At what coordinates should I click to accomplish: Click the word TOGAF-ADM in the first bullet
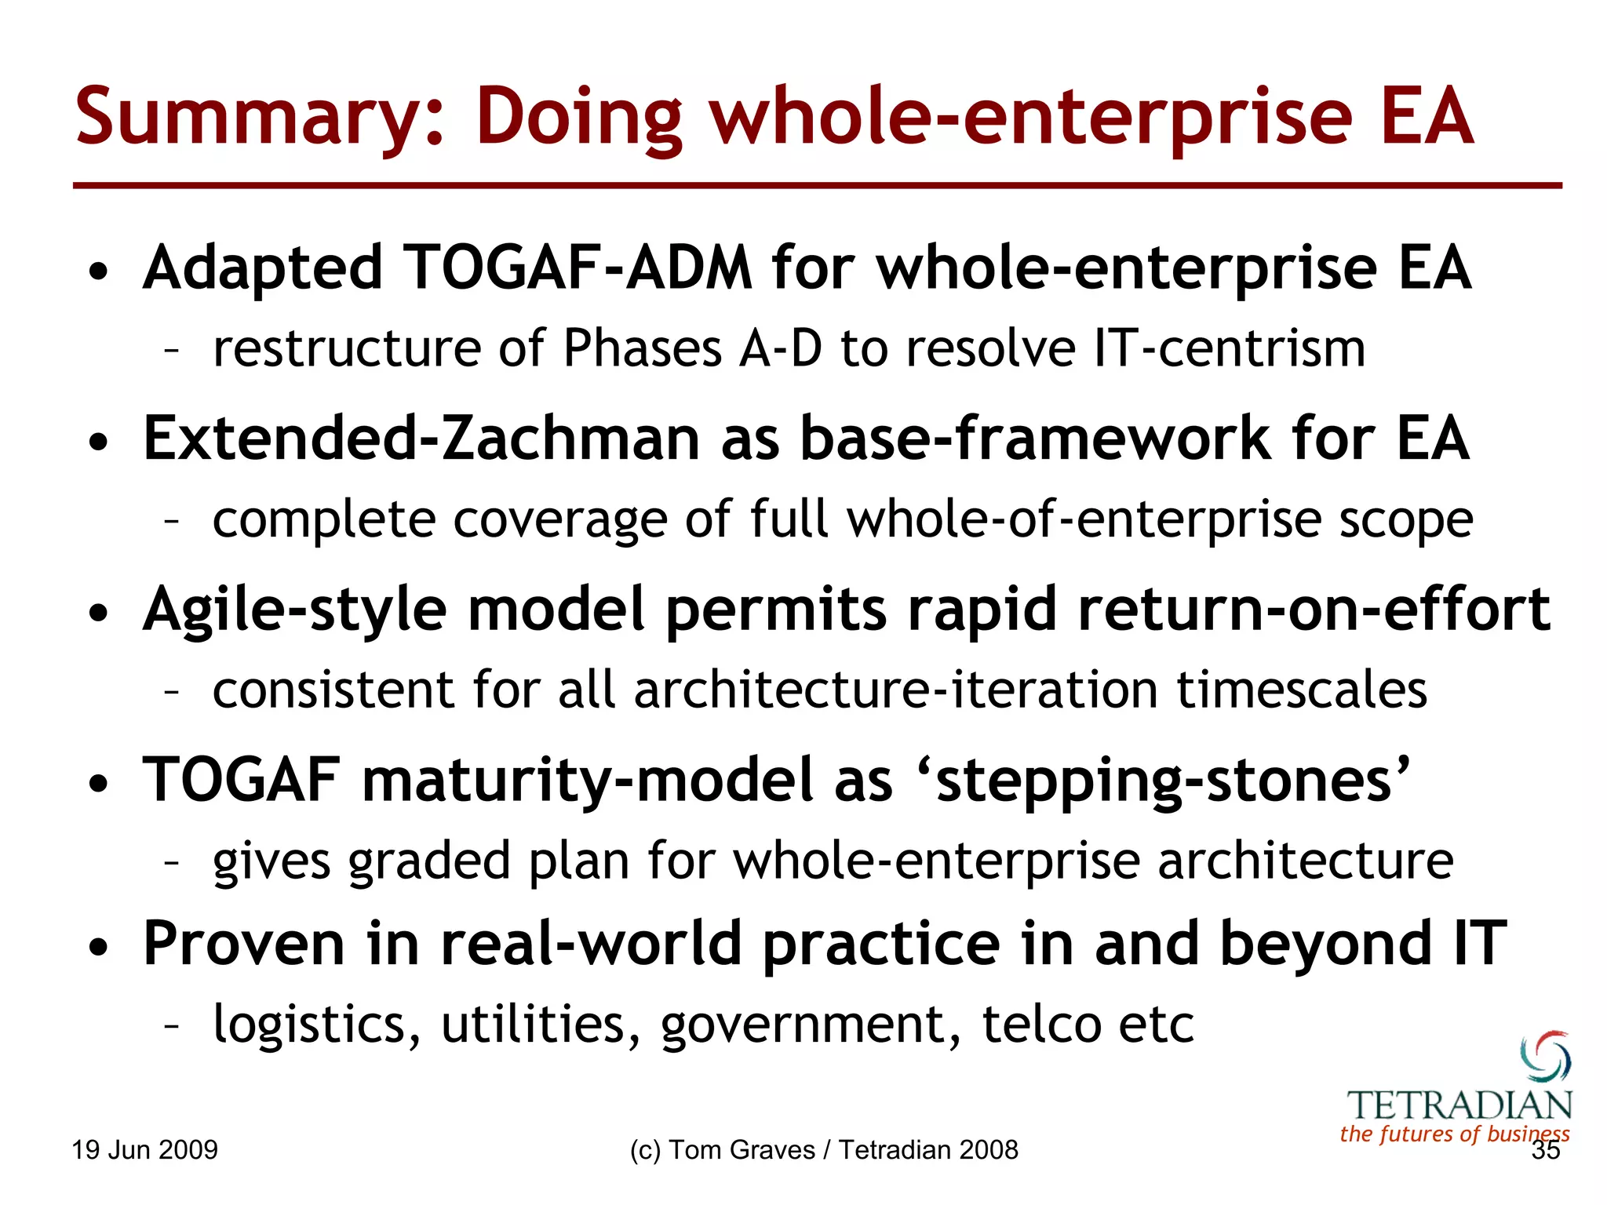578,268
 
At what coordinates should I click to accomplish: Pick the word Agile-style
295,610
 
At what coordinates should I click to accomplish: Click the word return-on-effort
1314,610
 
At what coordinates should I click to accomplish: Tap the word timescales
1302,690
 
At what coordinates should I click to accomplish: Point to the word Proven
244,944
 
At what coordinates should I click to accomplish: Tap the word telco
1040,1025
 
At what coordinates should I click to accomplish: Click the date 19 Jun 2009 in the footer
144,1150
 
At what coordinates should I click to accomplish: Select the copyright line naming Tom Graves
824,1150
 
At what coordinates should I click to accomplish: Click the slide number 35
1545,1151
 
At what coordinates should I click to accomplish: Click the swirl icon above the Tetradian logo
1545,1056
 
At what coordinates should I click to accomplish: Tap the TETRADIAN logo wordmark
1459,1106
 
